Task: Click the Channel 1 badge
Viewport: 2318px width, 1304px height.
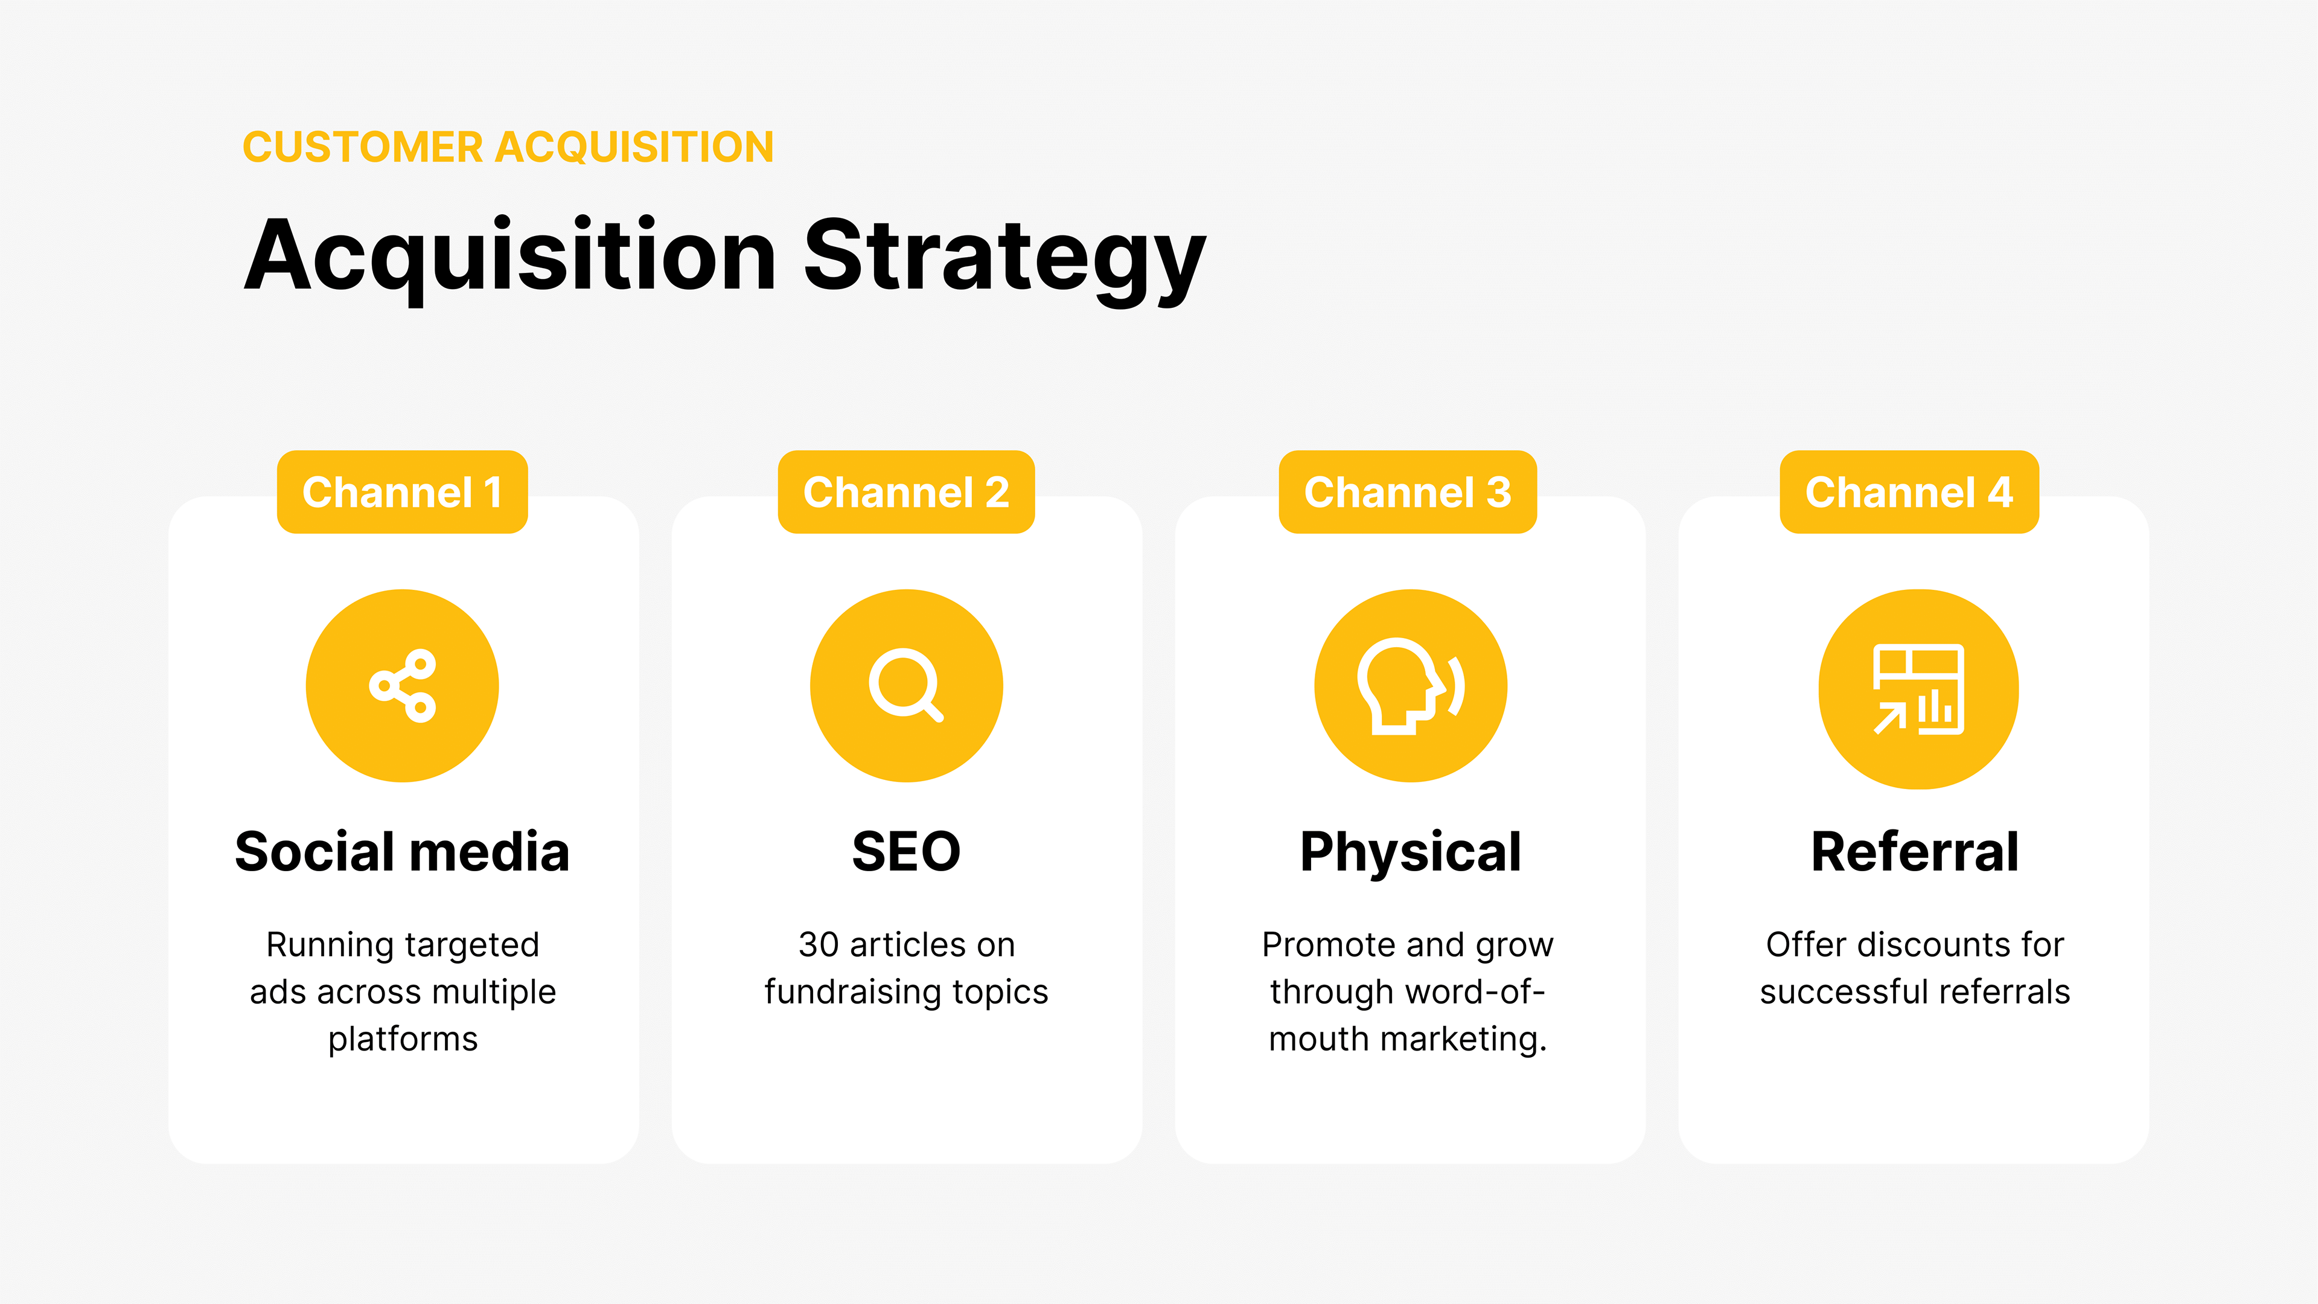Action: point(402,491)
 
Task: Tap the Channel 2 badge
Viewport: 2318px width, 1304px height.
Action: point(906,491)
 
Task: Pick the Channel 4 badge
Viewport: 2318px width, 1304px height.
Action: point(1909,491)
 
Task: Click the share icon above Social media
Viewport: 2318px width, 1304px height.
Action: point(402,686)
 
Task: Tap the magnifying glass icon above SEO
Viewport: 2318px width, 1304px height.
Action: point(906,686)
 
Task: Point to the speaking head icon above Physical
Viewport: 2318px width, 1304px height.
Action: point(1411,686)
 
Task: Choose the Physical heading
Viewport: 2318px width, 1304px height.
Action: point(1410,853)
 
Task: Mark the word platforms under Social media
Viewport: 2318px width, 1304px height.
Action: point(403,1040)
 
